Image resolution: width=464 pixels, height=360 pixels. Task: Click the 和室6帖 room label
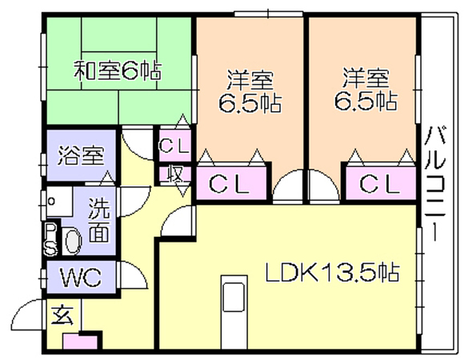click(118, 71)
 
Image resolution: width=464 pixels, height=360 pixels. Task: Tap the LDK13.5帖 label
click(332, 272)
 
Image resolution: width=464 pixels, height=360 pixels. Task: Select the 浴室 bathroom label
click(81, 155)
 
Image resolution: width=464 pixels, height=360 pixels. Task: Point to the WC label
click(81, 277)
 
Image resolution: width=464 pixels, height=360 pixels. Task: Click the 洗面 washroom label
click(99, 220)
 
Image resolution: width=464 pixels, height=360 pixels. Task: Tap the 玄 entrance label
click(62, 315)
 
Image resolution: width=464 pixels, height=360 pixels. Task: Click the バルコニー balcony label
click(434, 184)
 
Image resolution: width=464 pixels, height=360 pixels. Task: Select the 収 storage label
click(174, 174)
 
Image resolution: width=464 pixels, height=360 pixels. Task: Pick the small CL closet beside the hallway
click(174, 146)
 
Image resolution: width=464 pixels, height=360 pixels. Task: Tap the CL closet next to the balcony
click(380, 184)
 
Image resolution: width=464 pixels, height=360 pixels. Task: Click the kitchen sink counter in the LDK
click(234, 312)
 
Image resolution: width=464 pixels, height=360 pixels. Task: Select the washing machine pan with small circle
click(59, 202)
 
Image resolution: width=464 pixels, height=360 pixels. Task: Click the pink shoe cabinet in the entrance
click(80, 342)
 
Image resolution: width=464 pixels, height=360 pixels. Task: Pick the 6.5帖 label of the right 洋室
click(366, 101)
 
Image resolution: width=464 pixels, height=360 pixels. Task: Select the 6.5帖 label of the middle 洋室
click(250, 102)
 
